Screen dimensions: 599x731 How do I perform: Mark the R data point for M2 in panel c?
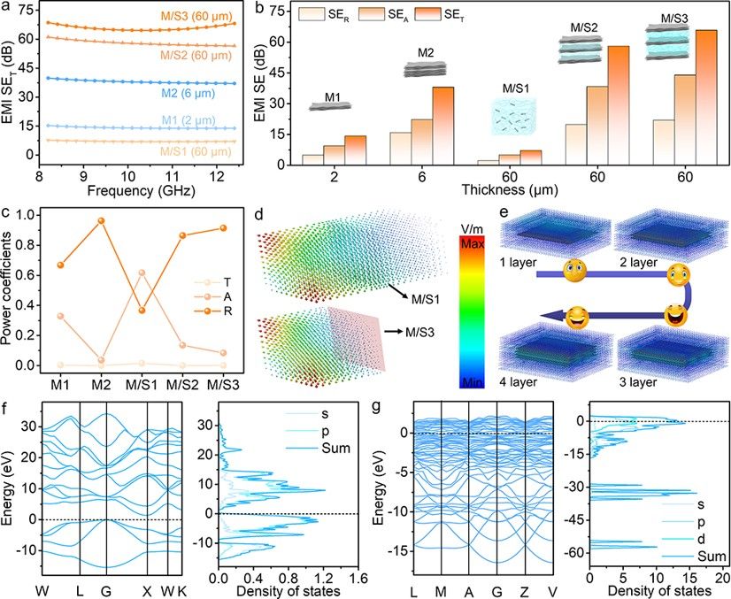coord(100,220)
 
